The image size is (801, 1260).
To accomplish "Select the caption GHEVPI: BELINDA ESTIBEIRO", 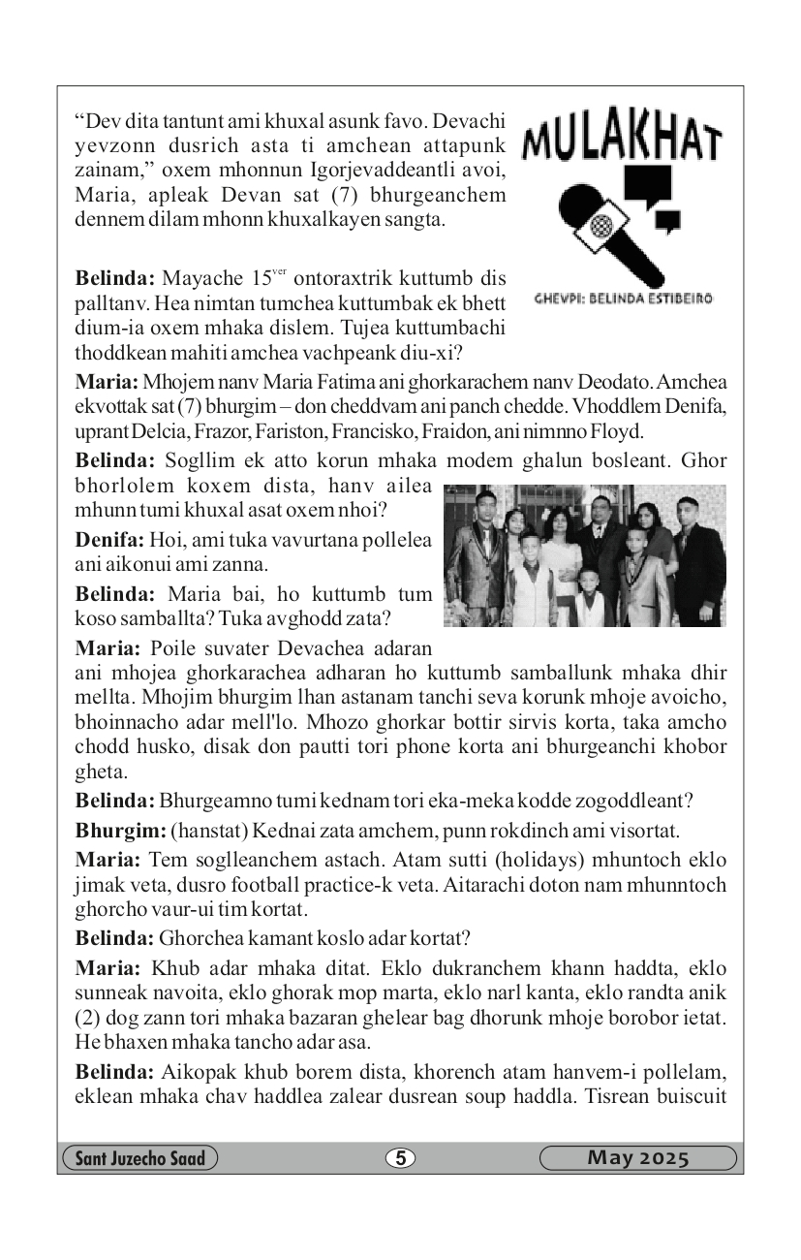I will [624, 299].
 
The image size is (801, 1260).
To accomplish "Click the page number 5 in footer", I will [400, 1157].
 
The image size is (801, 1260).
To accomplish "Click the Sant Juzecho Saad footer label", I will [139, 1157].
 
